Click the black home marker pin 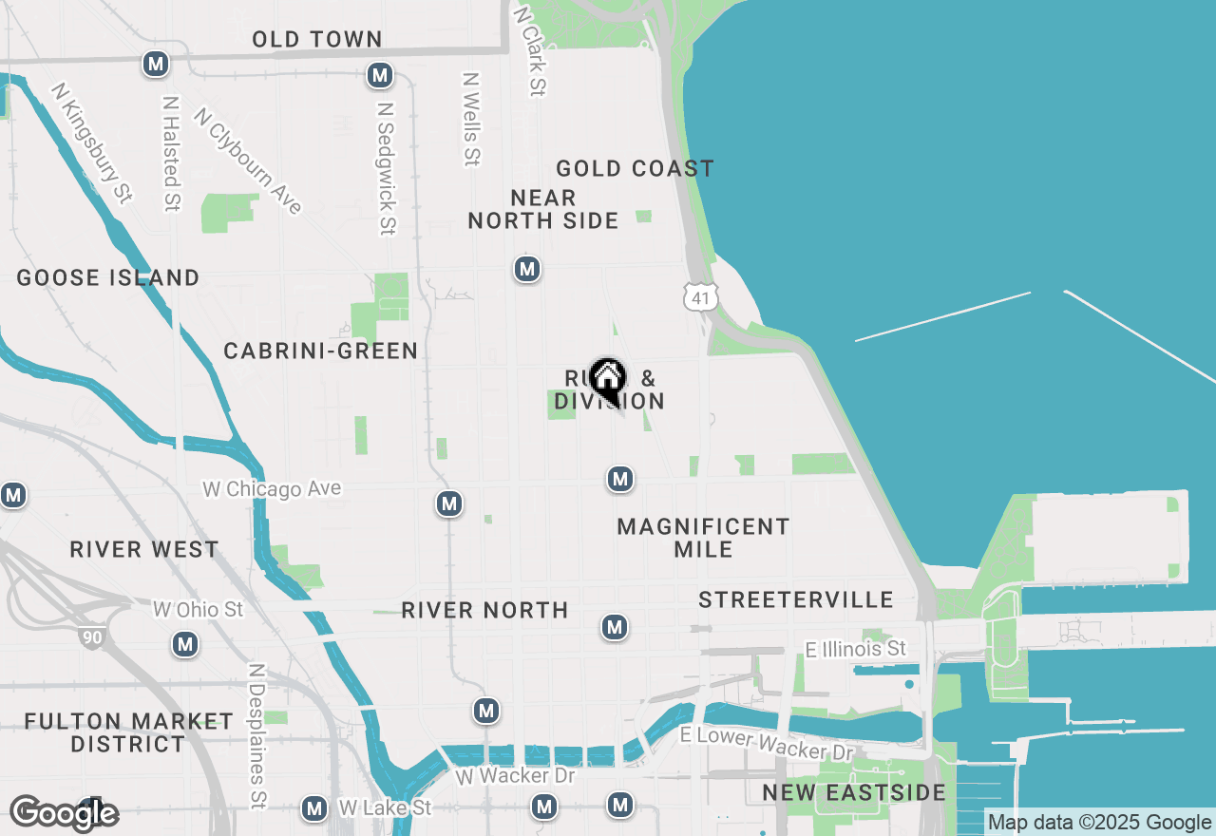coord(607,379)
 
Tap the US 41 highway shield coord(699,296)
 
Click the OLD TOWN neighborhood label coord(317,39)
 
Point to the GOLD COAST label coord(635,169)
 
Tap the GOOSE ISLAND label coord(108,278)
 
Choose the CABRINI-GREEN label coord(321,351)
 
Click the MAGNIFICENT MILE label coord(703,538)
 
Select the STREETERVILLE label coord(796,600)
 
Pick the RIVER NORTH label coord(484,610)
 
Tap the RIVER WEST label coord(144,550)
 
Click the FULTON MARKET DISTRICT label coord(129,732)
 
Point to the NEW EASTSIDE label coord(854,793)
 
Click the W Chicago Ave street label coord(272,489)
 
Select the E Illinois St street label coord(856,649)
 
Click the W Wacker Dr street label coord(515,776)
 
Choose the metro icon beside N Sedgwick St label coord(380,74)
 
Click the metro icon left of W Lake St coord(314,808)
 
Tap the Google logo coord(65,814)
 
